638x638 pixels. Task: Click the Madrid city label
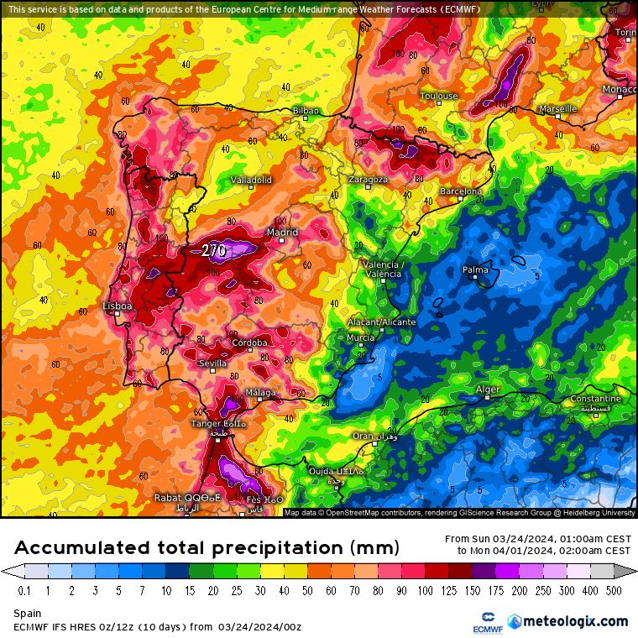click(282, 233)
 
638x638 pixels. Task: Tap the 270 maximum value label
click(213, 250)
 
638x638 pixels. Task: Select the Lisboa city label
click(117, 306)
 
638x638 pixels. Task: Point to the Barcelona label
click(462, 191)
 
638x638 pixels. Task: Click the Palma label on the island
click(475, 269)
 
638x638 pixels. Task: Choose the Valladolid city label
click(252, 180)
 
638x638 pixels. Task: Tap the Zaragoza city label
click(368, 180)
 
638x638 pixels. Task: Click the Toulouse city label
click(439, 96)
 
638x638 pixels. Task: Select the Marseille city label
click(558, 109)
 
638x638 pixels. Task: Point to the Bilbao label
click(306, 111)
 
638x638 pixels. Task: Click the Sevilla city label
click(212, 363)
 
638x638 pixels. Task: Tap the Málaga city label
click(260, 393)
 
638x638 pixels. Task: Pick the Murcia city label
click(360, 337)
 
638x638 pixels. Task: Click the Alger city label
click(488, 390)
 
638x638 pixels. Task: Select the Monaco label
click(620, 89)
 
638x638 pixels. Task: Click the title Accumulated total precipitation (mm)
click(207, 548)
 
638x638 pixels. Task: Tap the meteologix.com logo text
click(575, 621)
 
